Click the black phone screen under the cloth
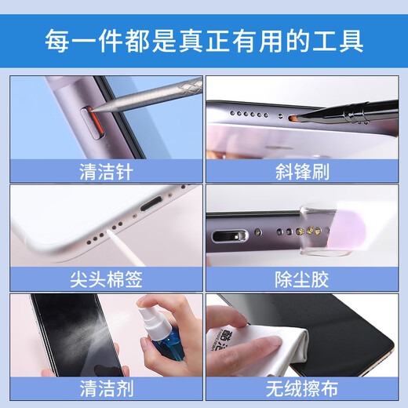[x=345, y=337]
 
